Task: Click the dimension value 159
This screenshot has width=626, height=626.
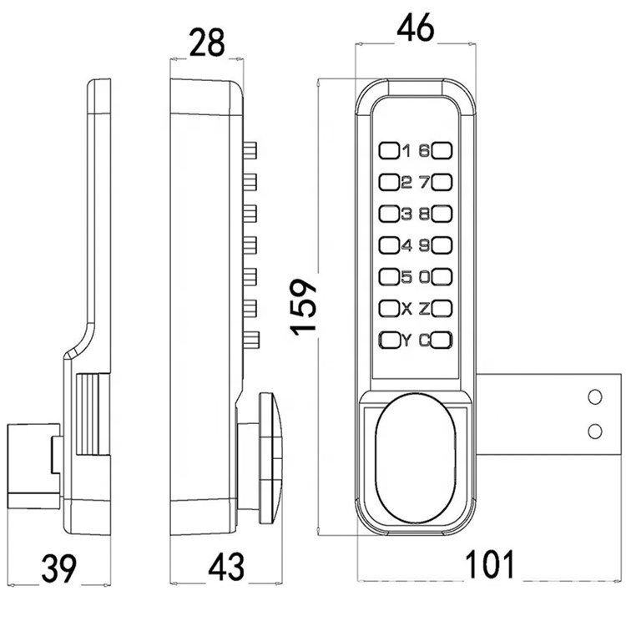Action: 306,305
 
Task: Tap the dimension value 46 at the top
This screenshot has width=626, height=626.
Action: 416,30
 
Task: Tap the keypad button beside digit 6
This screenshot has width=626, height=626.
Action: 443,151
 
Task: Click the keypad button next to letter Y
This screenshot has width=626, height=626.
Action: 389,340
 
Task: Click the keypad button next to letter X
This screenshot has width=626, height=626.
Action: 389,309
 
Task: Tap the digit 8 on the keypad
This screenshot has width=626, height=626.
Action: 424,214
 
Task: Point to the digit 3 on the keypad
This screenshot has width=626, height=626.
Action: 406,214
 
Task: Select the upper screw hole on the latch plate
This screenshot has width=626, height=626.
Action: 595,397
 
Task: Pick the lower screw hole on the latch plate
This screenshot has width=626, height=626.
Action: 595,429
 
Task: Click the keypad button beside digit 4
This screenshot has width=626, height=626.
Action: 389,245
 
